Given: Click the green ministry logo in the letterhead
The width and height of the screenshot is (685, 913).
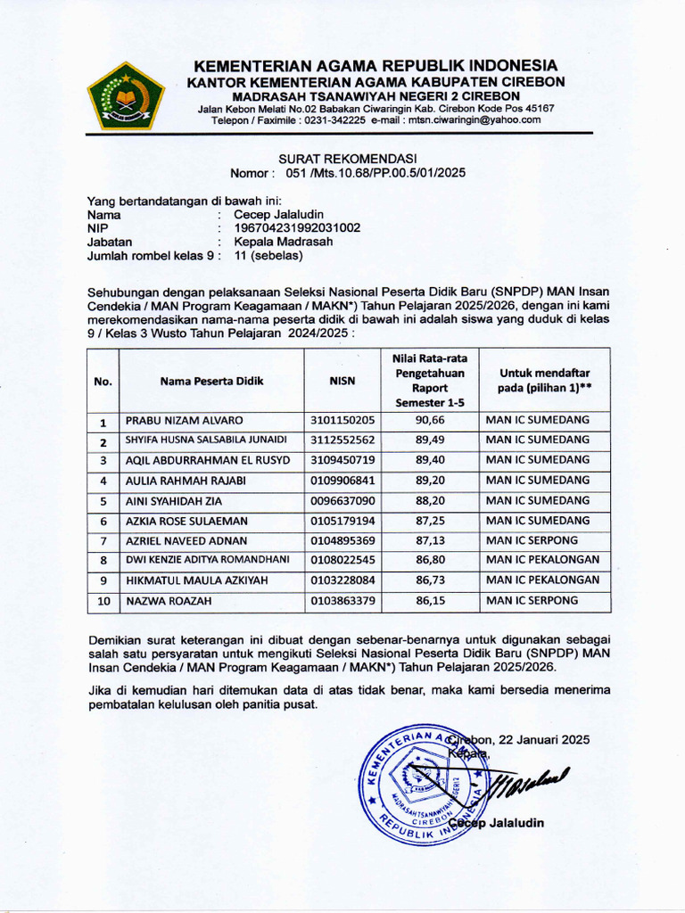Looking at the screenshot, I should pos(125,95).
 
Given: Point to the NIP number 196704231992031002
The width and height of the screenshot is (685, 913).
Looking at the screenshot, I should pos(297,227).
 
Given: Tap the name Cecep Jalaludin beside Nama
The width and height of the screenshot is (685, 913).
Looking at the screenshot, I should pos(278,214).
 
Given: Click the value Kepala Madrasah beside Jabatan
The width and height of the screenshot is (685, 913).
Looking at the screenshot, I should pos(283,241).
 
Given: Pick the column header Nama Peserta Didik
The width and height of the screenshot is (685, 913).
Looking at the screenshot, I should pos(212,381).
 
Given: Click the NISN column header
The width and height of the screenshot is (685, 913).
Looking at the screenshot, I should pos(342,381).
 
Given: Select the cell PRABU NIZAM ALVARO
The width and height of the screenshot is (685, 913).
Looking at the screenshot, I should pos(184,420).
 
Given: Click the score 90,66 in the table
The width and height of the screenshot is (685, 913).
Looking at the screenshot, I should pos(430,420).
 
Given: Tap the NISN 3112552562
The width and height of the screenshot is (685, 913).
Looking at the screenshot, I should pos(342,440).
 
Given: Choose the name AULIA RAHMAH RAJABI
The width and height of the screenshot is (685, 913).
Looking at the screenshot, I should pos(186,481).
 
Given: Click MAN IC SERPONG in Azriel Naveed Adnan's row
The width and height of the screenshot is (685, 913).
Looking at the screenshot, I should pos(532,540).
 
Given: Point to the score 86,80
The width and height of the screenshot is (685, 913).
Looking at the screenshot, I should pos(430,561).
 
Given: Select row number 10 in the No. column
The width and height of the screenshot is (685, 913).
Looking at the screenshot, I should pos(103,602).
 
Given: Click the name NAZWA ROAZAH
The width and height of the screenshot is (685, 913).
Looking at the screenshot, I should pos(168,602).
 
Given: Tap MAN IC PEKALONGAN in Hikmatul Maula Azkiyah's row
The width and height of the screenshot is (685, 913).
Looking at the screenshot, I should pos(542,580).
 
